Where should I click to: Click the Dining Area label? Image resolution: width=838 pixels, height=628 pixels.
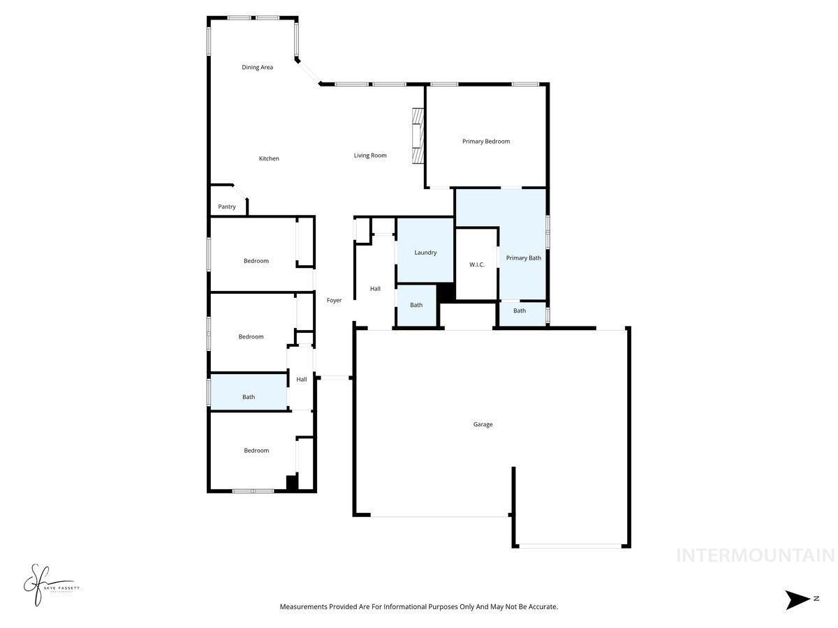pyautogui.click(x=257, y=68)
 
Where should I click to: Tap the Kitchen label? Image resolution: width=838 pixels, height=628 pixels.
pyautogui.click(x=269, y=159)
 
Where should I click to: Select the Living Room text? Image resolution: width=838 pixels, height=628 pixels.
pyautogui.click(x=370, y=156)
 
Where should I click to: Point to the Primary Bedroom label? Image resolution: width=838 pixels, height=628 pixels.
pyautogui.click(x=486, y=142)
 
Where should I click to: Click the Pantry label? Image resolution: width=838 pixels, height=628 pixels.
pyautogui.click(x=227, y=207)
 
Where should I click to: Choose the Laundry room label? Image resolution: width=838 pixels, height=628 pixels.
pyautogui.click(x=425, y=253)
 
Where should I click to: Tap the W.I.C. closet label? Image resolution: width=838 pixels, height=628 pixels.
pyautogui.click(x=477, y=265)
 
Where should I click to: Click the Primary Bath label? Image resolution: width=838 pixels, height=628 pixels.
pyautogui.click(x=524, y=258)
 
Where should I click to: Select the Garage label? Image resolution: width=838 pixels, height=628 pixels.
pyautogui.click(x=483, y=424)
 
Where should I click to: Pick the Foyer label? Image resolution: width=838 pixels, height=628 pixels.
pyautogui.click(x=335, y=301)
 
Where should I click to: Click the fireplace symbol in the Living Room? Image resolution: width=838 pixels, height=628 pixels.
pyautogui.click(x=418, y=136)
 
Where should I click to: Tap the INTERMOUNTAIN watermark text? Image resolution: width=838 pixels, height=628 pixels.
pyautogui.click(x=756, y=555)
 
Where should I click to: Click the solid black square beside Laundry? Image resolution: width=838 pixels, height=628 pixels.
pyautogui.click(x=446, y=292)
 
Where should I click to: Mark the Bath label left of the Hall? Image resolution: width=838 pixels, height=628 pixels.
pyautogui.click(x=249, y=397)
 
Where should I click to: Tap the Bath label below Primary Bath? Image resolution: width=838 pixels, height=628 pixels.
pyautogui.click(x=520, y=311)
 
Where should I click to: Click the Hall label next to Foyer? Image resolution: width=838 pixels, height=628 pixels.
pyautogui.click(x=375, y=289)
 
